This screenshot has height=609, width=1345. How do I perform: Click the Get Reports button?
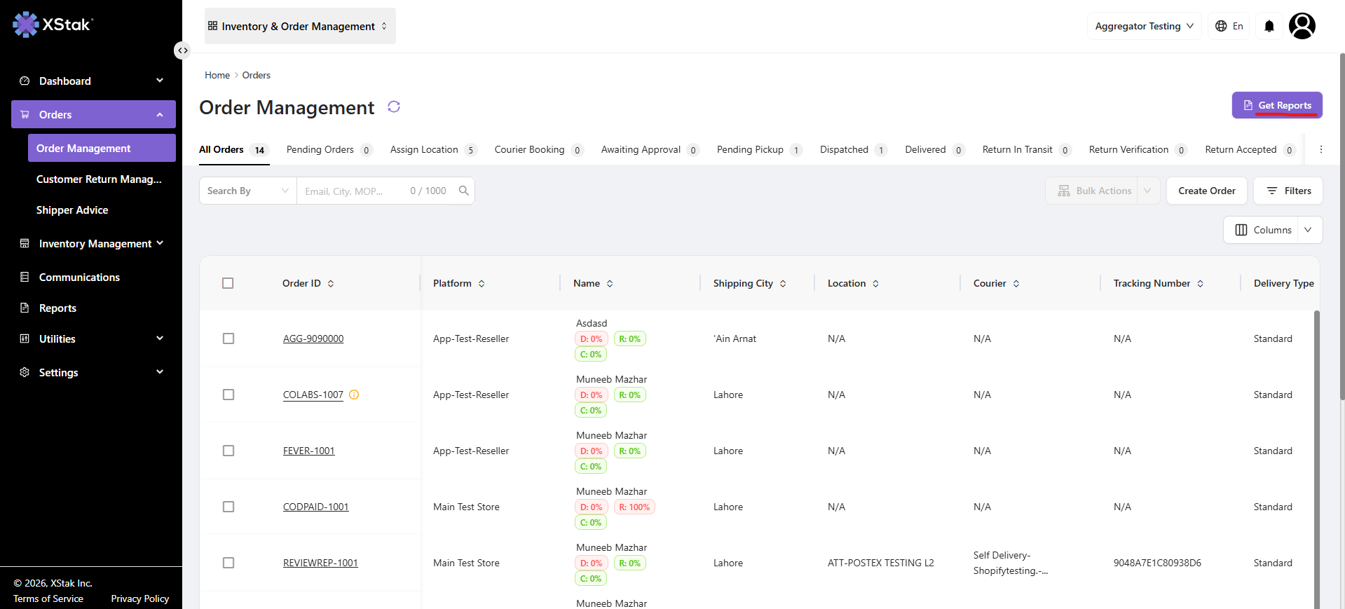1277,105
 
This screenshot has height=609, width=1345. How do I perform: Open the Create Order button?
1206,191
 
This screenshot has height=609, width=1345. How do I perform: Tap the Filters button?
1288,191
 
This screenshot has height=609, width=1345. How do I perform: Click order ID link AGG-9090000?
313,338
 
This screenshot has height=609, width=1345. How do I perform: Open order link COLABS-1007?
313,395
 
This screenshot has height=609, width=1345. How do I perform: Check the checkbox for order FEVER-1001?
228,451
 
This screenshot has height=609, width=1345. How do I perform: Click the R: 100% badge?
634,507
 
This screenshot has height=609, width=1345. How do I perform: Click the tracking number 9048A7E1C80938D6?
1157,563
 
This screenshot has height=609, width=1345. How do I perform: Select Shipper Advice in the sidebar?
72,210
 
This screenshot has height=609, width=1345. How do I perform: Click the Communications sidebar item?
79,278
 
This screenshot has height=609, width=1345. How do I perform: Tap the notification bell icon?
1269,26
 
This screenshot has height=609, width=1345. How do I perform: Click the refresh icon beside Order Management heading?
394,107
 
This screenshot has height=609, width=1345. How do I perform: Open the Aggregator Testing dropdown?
1144,26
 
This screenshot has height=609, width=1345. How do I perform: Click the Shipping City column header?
743,283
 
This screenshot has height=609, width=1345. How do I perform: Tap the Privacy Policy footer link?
140,598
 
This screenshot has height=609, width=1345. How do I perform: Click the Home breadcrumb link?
217,75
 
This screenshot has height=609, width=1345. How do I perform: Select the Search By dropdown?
248,191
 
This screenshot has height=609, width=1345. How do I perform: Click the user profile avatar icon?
1302,26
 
